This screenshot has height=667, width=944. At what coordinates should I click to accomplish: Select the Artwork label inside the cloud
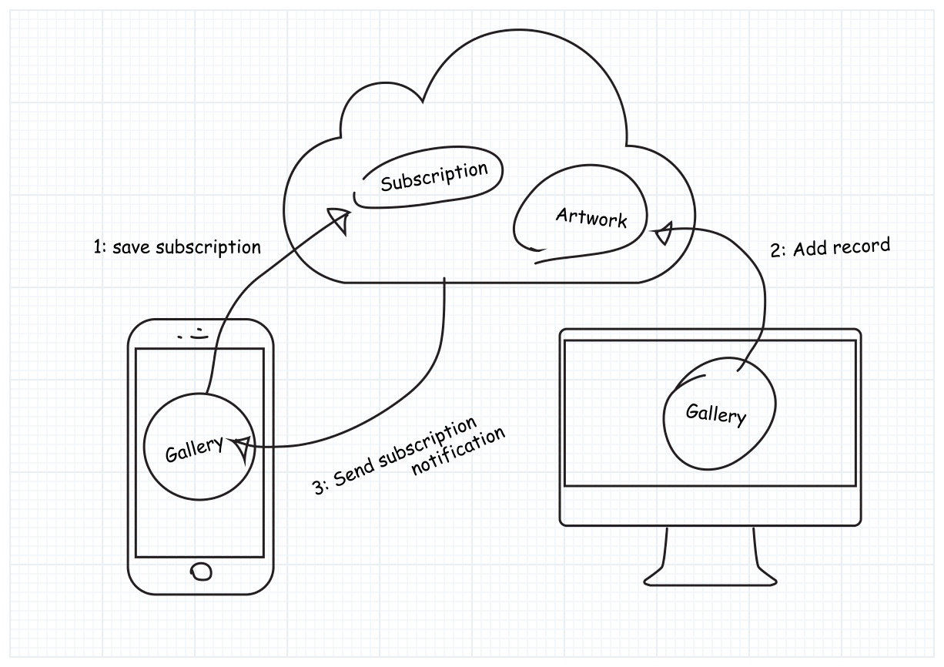(x=591, y=218)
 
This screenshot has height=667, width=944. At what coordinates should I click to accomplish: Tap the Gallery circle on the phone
(x=197, y=447)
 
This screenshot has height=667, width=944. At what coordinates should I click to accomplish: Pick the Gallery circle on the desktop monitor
(x=717, y=414)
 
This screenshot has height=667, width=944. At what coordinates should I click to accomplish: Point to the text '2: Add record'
(x=830, y=249)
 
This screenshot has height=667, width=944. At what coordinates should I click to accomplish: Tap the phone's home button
(x=201, y=571)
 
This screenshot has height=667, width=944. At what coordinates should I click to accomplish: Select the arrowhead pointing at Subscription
(x=340, y=221)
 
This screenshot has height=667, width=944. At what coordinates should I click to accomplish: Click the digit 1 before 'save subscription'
(x=95, y=248)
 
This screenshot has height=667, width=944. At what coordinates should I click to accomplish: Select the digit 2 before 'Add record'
(x=775, y=253)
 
